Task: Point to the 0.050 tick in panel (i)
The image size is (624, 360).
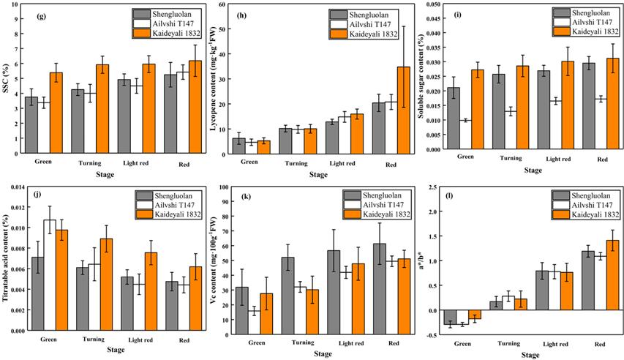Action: [429, 4]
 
